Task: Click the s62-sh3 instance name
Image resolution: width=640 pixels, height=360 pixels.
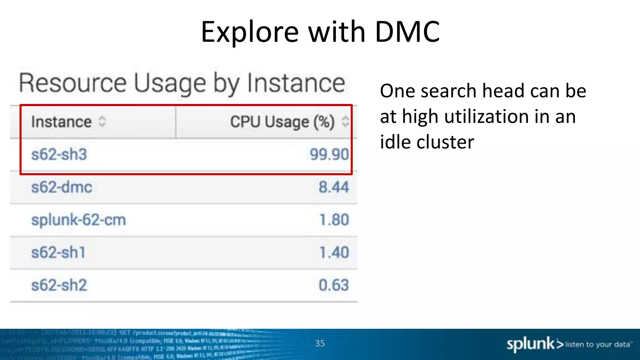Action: tap(59, 154)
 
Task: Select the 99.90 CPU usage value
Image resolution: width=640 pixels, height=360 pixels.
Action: tap(329, 154)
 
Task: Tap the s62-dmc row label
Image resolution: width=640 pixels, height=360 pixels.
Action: tap(62, 187)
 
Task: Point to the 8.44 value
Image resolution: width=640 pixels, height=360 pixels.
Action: tap(333, 187)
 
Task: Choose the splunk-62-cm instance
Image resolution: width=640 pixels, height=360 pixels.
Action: tap(78, 220)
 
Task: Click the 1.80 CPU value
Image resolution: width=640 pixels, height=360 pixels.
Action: tap(334, 220)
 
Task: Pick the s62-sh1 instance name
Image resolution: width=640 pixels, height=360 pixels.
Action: tap(58, 252)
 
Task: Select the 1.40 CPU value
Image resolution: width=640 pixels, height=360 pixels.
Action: tap(334, 252)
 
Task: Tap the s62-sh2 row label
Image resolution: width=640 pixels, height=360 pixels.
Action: tap(59, 285)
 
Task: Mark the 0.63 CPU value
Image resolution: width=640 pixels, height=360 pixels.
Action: tap(333, 285)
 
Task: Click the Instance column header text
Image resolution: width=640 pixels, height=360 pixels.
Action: tap(61, 122)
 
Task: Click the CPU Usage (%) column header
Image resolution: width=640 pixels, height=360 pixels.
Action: tap(282, 122)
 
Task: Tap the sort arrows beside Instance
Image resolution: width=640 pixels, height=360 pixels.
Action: tap(102, 122)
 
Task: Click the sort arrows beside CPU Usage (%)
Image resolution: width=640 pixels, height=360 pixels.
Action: tap(345, 122)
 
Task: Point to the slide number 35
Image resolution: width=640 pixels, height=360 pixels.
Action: tap(320, 343)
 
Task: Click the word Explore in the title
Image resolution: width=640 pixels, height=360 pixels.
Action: tap(250, 32)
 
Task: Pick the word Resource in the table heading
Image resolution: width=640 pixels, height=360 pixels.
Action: tap(73, 83)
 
